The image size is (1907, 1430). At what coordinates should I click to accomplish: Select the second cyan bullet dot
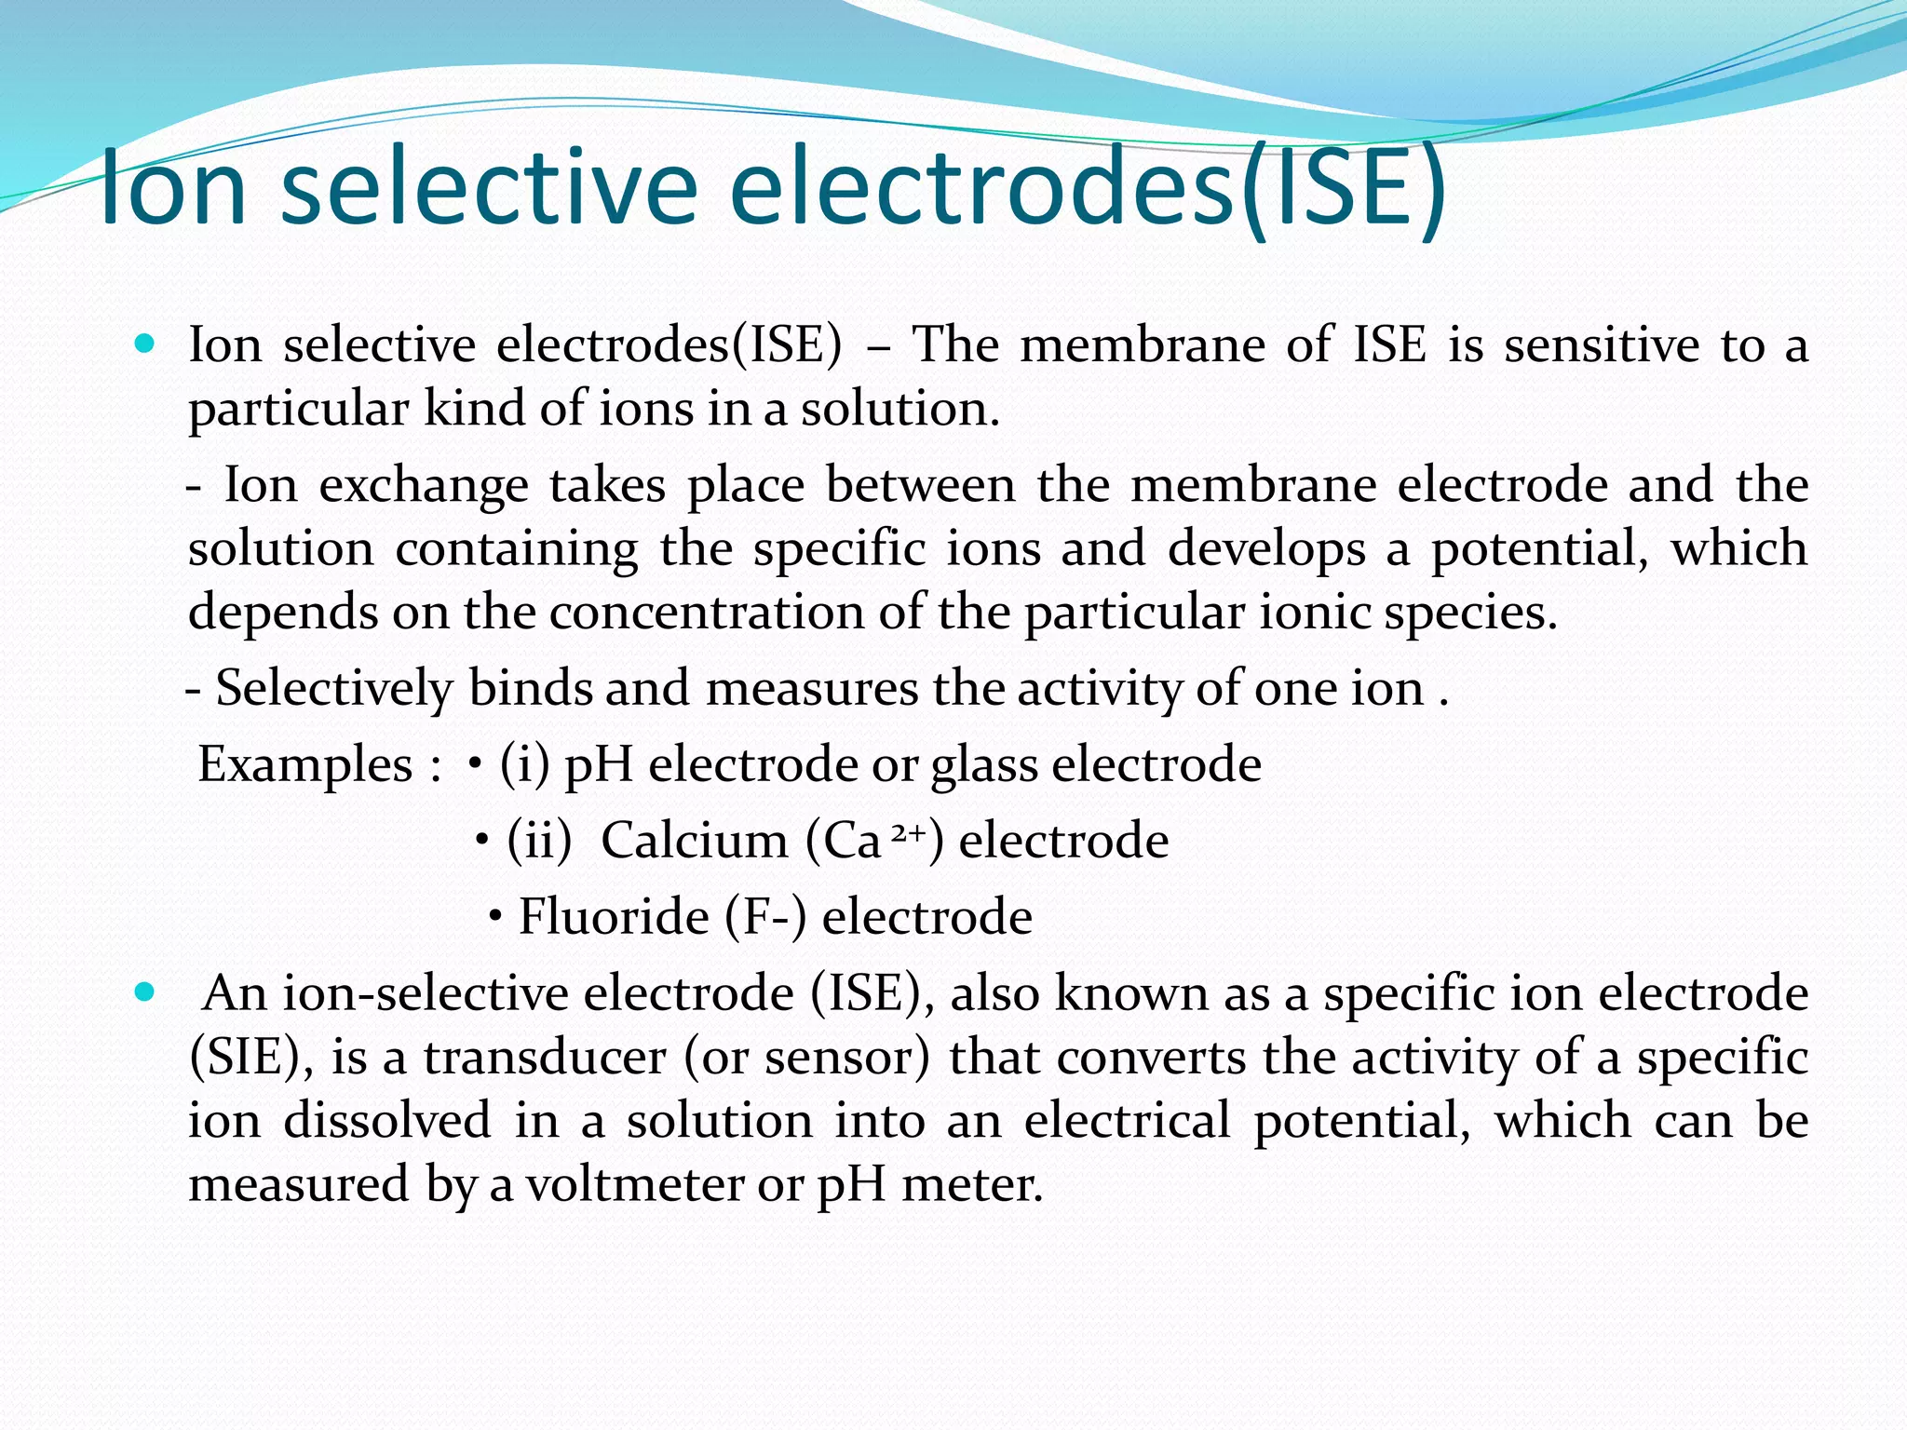click(143, 992)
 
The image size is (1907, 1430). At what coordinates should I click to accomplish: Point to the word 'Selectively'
click(333, 690)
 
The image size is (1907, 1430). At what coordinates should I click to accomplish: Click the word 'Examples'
click(304, 765)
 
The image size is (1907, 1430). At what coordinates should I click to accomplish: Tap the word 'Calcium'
click(694, 842)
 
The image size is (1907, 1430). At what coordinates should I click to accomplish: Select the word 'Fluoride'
click(614, 917)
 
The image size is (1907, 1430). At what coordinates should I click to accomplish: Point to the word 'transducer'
click(545, 1058)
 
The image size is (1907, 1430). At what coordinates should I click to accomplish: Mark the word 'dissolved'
click(387, 1120)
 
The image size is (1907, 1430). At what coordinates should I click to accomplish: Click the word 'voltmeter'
click(635, 1184)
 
